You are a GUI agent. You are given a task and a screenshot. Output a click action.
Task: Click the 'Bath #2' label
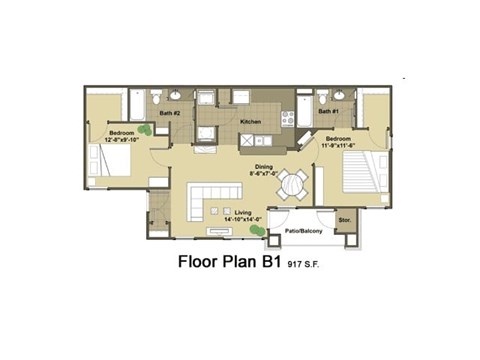pos(169,112)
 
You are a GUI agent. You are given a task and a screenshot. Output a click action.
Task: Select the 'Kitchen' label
pos(250,122)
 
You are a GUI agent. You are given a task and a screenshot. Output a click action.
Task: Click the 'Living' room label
pos(243,213)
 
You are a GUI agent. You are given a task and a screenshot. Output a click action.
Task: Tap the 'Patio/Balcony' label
pos(302,230)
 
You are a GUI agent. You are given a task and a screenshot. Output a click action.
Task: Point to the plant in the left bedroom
pos(146,129)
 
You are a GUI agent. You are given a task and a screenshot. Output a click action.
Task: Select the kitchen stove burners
pos(287,117)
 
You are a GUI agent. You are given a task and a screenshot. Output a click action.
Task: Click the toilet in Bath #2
pos(158,97)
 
